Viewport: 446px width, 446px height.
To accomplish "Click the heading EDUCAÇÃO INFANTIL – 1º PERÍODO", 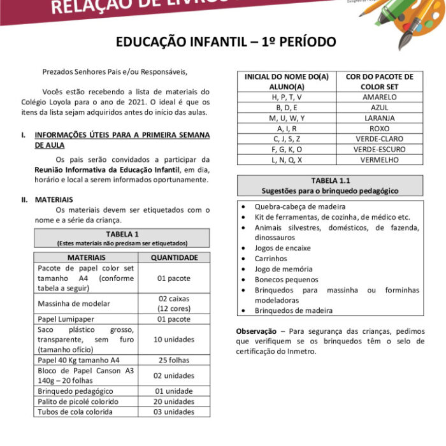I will coord(225,42).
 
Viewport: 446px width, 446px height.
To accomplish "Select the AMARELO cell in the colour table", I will coord(379,97).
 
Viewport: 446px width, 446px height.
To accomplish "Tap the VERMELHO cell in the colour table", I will coord(379,160).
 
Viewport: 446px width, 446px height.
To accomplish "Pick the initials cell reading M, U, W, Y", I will coord(286,119).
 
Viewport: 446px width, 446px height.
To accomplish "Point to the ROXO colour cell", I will coord(379,129).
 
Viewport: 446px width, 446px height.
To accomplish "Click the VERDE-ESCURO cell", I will coord(379,150).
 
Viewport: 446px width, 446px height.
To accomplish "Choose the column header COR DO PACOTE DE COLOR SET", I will coord(379,82).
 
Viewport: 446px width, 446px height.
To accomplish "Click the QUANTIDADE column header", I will coord(174,258).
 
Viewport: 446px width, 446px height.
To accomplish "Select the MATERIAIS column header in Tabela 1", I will coord(86,258).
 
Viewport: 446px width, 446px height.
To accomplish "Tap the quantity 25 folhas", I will coord(174,360).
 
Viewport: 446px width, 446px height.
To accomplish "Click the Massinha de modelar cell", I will coord(74,303).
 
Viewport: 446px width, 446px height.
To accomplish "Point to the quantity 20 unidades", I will coord(174,401).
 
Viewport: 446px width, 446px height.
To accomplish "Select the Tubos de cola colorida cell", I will coord(75,412).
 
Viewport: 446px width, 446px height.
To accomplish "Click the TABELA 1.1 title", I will coord(330,181).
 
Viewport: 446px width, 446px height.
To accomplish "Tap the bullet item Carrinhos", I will coord(271,259).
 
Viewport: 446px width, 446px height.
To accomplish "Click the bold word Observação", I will coord(256,331).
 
